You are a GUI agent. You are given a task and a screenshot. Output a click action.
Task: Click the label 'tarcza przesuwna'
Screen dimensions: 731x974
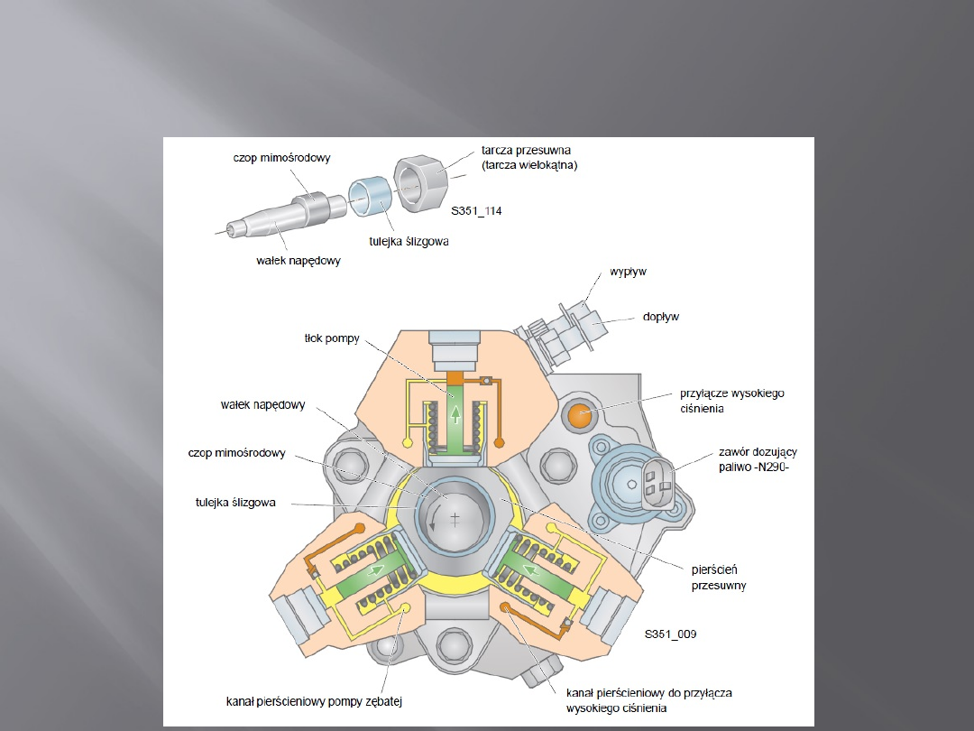[526, 149]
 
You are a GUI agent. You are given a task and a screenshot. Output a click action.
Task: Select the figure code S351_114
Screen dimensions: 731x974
[476, 211]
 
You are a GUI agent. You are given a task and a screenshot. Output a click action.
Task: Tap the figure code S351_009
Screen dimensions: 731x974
[669, 634]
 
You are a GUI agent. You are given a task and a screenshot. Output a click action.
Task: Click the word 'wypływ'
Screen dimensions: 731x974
[629, 271]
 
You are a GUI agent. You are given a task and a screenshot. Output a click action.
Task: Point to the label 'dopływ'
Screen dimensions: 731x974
[661, 317]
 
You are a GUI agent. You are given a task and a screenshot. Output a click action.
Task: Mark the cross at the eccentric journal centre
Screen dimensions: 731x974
[455, 518]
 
